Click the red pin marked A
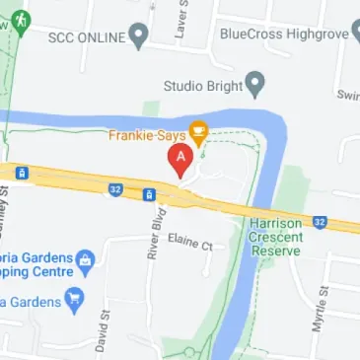pos(180,160)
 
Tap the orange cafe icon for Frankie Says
pos(198,129)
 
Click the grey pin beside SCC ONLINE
pos(139,38)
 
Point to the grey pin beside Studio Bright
pos(253,82)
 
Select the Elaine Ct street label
pos(190,241)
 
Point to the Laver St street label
pos(180,22)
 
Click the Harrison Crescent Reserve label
pos(279,240)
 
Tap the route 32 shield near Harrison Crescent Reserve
pos(320,222)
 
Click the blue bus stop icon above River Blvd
pos(149,194)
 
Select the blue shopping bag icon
pos(87,260)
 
